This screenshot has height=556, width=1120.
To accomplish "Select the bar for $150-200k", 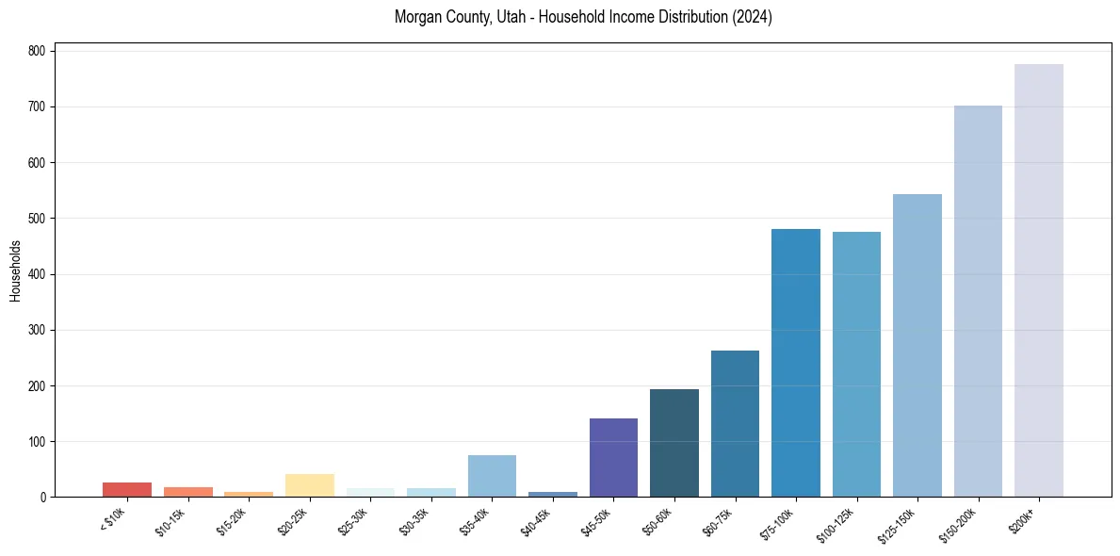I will [x=978, y=302].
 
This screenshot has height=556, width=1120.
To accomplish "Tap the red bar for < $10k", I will [x=127, y=489].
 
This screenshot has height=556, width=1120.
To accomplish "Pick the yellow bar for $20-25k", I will [x=309, y=485].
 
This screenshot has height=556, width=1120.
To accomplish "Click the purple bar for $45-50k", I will [x=613, y=457].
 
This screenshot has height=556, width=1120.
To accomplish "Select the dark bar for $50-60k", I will [x=674, y=443].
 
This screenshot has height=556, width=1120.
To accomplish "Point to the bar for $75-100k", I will [x=795, y=363].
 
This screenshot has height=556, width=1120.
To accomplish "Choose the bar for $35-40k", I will [x=492, y=476].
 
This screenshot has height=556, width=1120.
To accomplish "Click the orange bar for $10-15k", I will [x=187, y=492].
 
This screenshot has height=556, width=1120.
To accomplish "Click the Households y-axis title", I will [x=15, y=270].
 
